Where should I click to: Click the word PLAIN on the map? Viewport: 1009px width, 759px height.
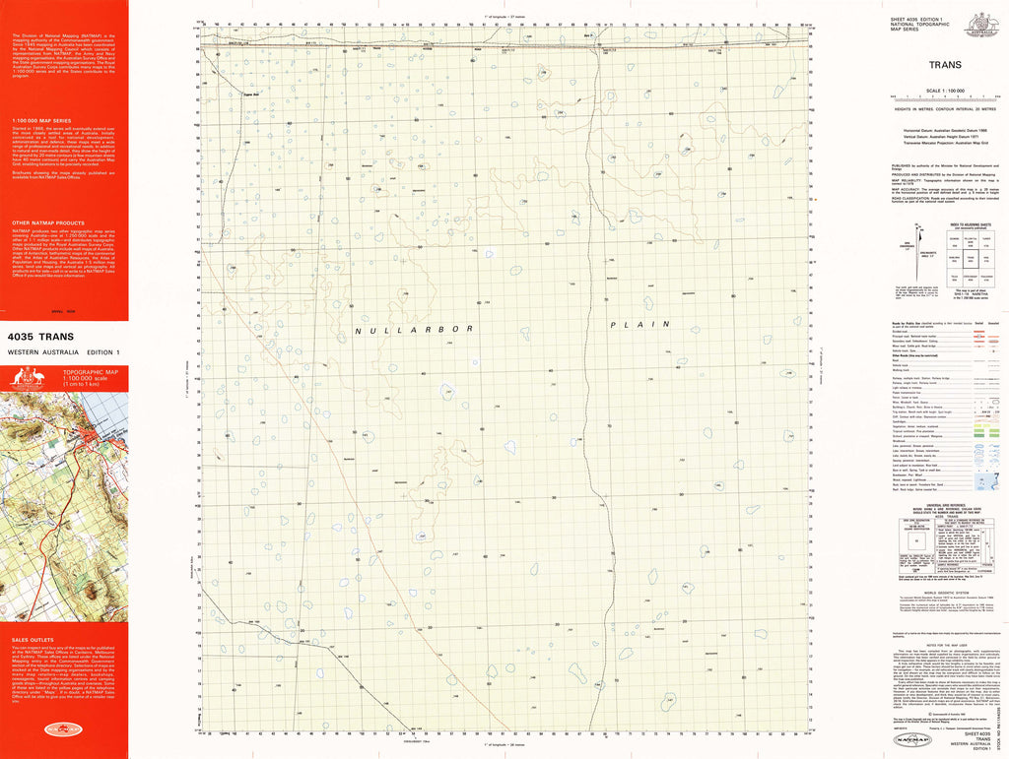(x=639, y=324)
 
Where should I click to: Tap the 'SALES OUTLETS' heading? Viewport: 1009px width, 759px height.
(x=29, y=640)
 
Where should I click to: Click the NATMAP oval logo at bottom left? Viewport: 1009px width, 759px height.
(x=64, y=730)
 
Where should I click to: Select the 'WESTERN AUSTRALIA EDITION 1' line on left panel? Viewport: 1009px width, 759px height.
(x=63, y=352)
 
